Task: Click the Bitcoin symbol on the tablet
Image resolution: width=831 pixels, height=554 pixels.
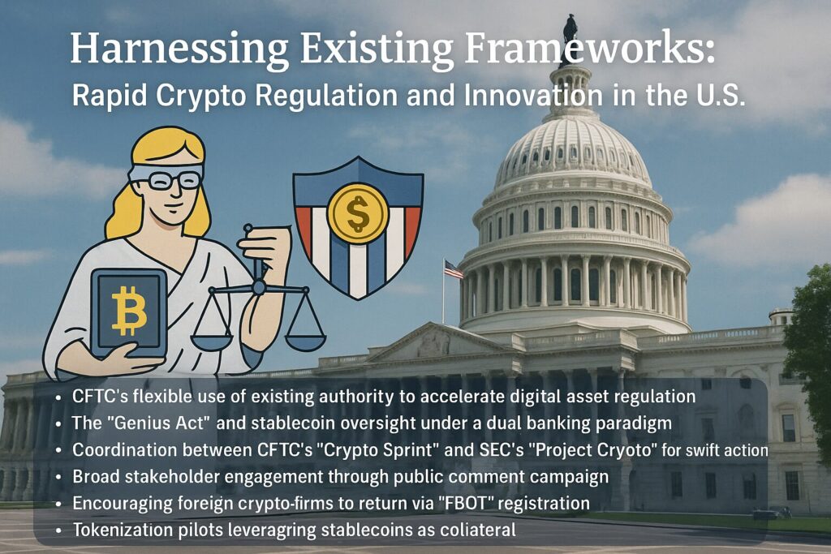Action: [x=129, y=311]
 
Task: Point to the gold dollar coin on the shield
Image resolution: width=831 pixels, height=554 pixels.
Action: [x=358, y=213]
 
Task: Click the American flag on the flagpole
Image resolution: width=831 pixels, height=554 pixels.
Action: [x=453, y=269]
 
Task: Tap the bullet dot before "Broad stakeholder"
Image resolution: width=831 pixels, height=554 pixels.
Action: [x=58, y=478]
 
